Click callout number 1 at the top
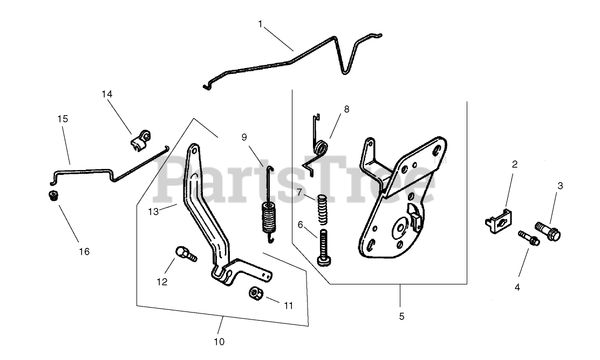[261, 24]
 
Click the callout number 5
[401, 316]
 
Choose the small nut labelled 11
[255, 294]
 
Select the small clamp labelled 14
[141, 139]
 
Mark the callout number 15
[63, 118]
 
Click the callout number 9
[245, 137]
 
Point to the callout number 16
[84, 252]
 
